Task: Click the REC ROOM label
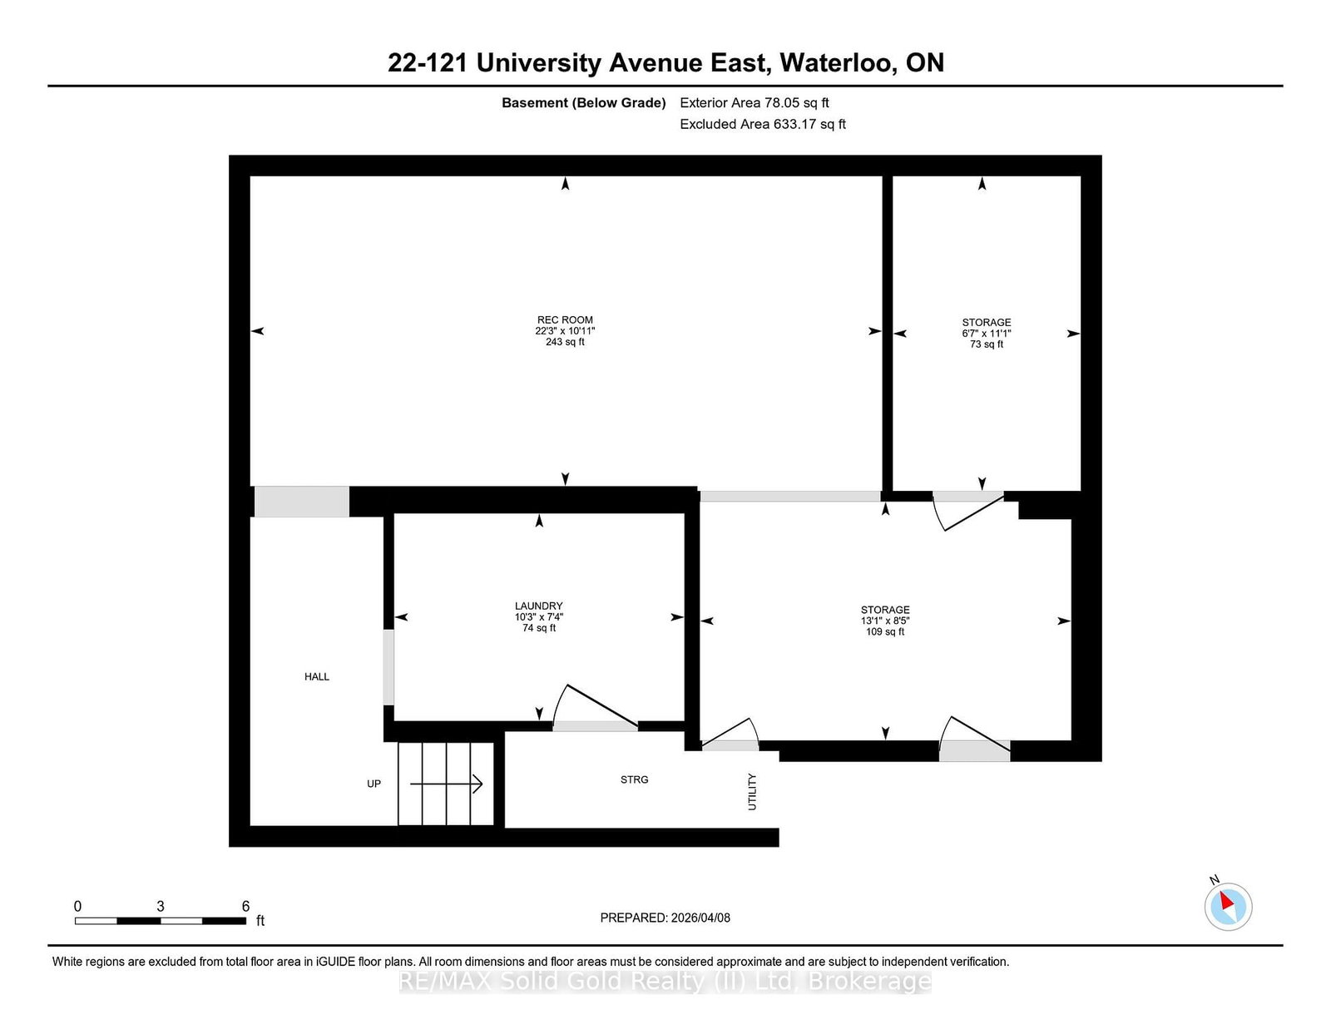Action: pos(565,319)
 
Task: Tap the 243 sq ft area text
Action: pos(565,342)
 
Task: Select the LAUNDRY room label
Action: pos(538,606)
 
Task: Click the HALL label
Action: pos(317,676)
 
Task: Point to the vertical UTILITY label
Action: pos(752,791)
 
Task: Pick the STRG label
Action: pos(634,779)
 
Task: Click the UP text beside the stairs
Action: pos(374,784)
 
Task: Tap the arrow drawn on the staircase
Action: pos(447,784)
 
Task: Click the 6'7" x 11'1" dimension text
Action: pos(986,333)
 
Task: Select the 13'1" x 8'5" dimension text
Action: pos(885,621)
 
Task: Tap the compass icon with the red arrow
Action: pos(1228,906)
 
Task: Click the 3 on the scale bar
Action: pos(161,906)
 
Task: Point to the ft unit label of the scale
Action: pos(260,920)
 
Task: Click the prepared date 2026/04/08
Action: pos(700,918)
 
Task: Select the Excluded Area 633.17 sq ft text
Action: pos(763,124)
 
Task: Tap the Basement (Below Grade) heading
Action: pos(583,102)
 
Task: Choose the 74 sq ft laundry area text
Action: pos(538,628)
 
